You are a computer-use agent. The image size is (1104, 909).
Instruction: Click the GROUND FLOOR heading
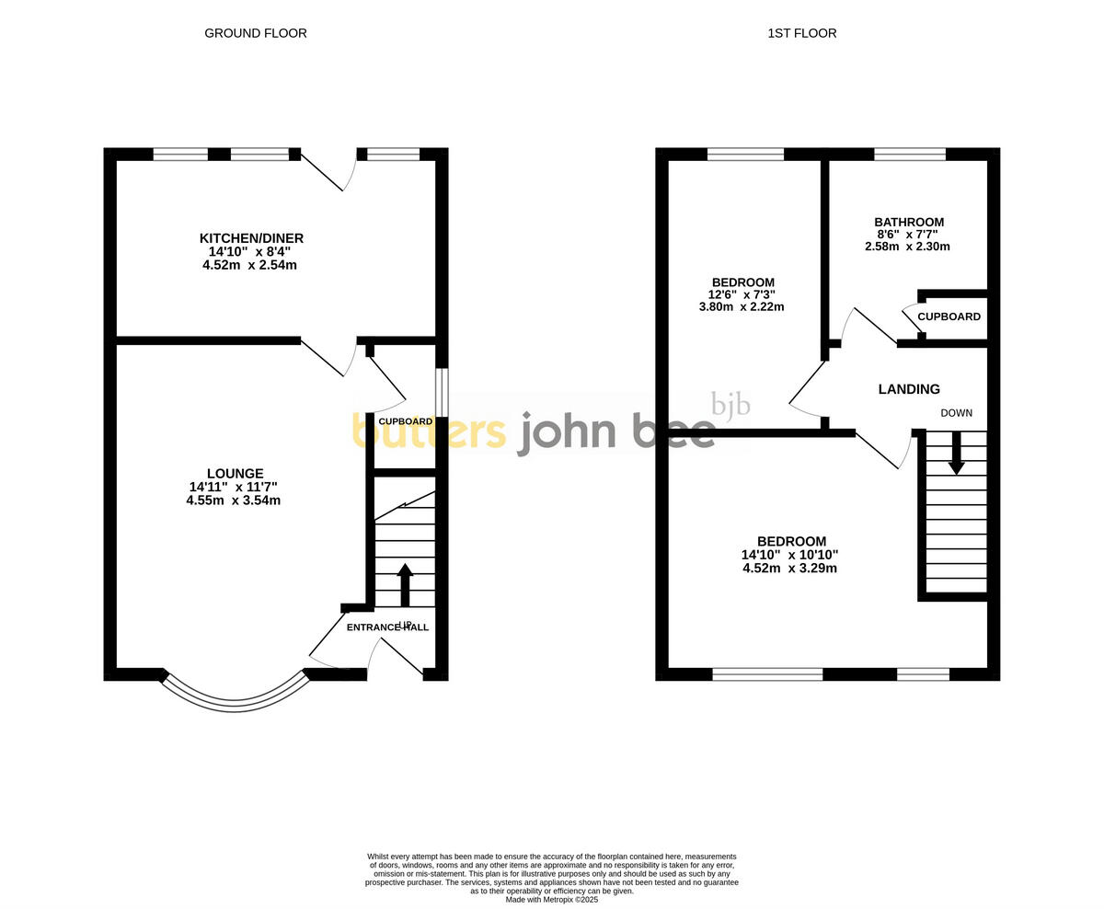(255, 33)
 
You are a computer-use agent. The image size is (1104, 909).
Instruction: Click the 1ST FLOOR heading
(801, 33)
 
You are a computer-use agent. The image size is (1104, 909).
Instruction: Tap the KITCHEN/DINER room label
(251, 238)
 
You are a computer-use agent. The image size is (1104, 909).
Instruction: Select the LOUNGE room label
(235, 474)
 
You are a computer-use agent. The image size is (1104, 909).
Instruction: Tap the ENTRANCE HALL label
(387, 627)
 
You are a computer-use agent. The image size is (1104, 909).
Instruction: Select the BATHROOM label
(908, 223)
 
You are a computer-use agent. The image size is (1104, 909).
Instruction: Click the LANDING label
(908, 389)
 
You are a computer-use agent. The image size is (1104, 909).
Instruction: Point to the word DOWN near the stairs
(956, 413)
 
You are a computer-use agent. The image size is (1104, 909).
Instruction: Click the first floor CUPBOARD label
(949, 316)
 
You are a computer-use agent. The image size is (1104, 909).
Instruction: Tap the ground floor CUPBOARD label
(405, 421)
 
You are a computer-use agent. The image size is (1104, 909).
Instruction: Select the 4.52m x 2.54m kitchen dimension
(249, 265)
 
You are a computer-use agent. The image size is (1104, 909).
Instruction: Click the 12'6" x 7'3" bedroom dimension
(742, 294)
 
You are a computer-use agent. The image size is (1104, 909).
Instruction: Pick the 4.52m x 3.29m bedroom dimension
(789, 568)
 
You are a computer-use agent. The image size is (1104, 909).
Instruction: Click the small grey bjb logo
(730, 405)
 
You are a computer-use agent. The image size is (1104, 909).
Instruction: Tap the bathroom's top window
(909, 155)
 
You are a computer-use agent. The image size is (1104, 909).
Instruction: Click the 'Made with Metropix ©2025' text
(551, 899)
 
